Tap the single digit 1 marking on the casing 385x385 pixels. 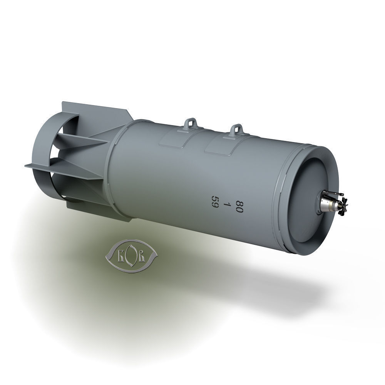tap(228, 204)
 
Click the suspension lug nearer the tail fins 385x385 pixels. tap(190, 124)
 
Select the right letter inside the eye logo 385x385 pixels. tap(141, 256)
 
